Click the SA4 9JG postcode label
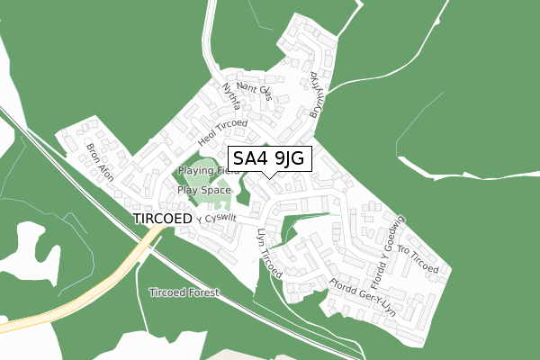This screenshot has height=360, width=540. pos(271,159)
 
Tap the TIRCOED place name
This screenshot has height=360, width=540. pos(162,219)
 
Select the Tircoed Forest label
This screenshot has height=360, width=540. pos(184,293)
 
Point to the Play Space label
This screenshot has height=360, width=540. pos(203,190)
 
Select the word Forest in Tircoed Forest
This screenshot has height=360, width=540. pos(202,293)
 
